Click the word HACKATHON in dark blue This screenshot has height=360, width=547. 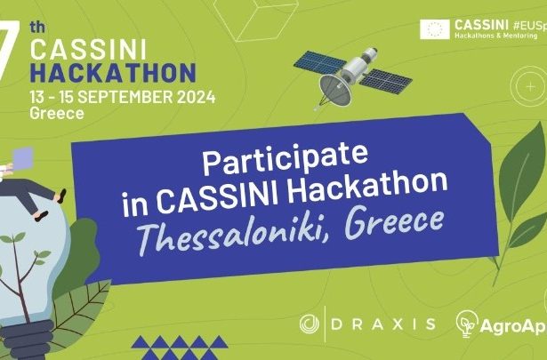(113, 73)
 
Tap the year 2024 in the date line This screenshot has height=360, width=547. (196, 97)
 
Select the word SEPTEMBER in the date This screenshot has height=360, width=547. (125, 97)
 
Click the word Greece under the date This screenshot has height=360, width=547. (57, 114)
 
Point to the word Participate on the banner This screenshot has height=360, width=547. (285, 158)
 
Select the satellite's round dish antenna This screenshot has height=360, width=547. (335, 91)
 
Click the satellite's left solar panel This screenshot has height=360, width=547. (320, 62)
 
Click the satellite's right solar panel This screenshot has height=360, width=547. (385, 81)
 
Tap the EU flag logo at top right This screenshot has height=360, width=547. (435, 29)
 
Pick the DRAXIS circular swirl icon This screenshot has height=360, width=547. (310, 324)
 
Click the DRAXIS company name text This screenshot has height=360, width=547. (383, 324)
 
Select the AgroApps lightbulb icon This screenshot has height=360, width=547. (467, 324)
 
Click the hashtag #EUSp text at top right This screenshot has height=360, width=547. (530, 25)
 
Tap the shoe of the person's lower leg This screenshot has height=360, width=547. (42, 216)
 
